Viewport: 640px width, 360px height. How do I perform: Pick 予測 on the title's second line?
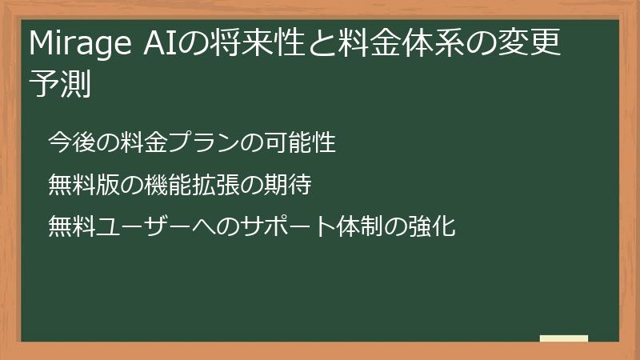pyautogui.click(x=60, y=83)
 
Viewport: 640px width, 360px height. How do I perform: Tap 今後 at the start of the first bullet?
pyautogui.click(x=70, y=143)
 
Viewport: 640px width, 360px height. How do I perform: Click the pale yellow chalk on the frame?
pyautogui.click(x=564, y=338)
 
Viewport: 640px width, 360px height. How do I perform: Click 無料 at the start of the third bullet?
pyautogui.click(x=70, y=226)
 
